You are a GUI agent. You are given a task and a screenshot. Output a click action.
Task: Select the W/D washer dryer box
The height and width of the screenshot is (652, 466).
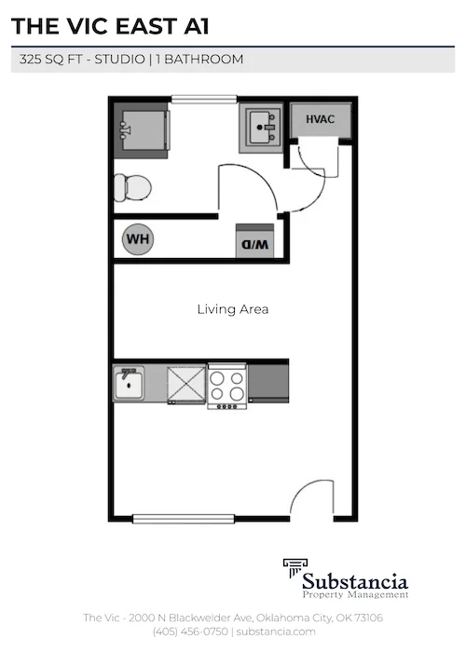coord(256,242)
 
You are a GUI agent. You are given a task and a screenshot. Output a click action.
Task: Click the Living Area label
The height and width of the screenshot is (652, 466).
coord(233,309)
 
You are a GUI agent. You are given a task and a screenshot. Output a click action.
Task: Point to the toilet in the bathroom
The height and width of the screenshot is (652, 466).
coord(132,188)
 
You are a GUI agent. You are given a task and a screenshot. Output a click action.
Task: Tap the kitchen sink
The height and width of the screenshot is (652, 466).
coord(129,383)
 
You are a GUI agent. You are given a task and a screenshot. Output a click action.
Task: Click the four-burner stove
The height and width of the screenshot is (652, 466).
coord(226,385)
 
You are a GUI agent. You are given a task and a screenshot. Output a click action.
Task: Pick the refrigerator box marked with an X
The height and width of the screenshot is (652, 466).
coord(186,383)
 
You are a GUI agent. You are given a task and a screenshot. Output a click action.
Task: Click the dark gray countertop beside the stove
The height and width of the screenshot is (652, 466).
coord(267,382)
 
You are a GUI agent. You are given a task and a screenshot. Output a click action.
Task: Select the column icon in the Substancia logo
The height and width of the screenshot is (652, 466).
coord(295,570)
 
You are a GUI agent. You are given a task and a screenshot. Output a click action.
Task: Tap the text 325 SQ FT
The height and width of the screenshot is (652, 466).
coord(53,60)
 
